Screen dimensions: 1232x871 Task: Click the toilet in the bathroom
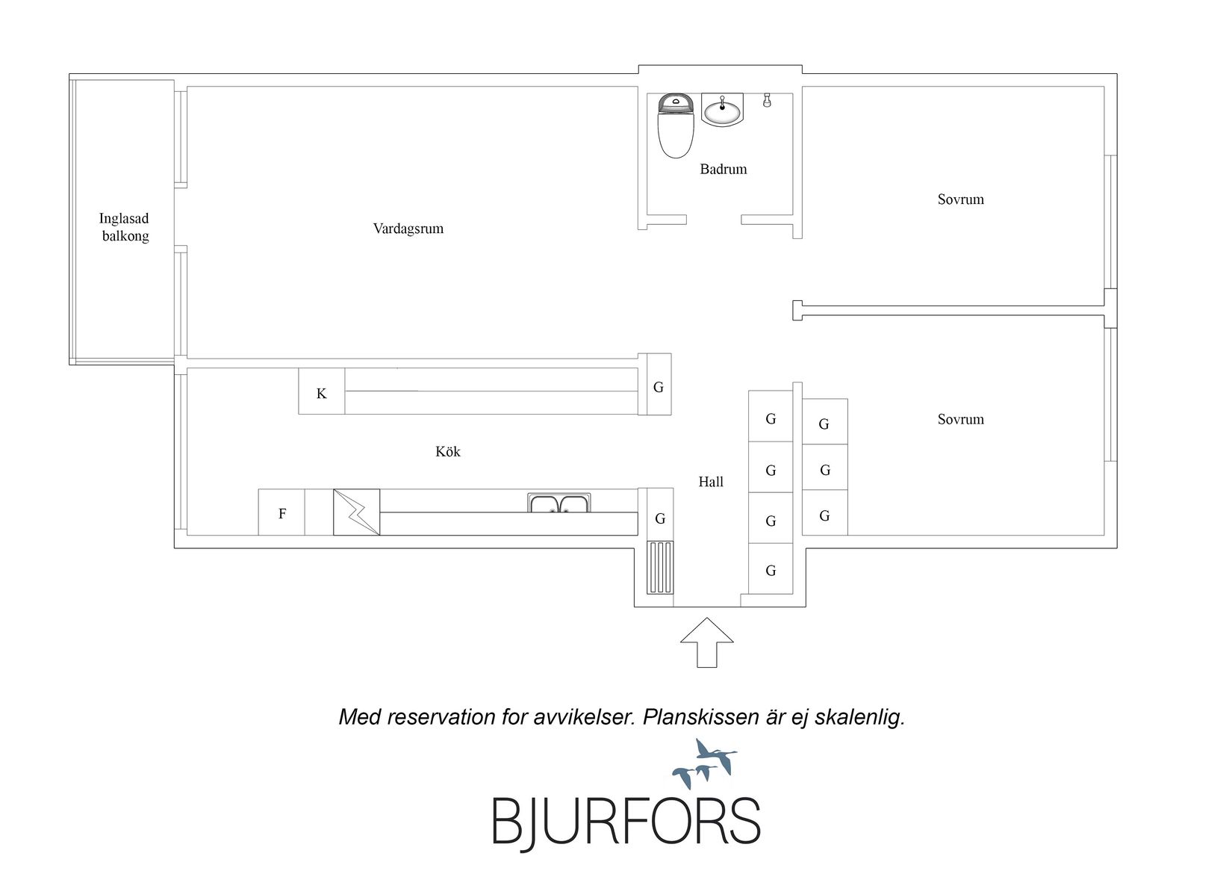click(676, 125)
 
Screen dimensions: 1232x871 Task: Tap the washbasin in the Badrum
click(722, 110)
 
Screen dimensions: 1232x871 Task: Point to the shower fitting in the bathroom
click(767, 101)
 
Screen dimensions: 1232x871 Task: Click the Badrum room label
click(724, 169)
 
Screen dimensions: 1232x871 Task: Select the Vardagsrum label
click(408, 229)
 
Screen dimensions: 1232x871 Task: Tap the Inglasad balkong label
click(124, 227)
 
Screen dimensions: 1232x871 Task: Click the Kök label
click(448, 452)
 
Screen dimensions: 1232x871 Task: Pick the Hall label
click(711, 482)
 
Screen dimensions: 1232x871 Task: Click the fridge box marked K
click(322, 391)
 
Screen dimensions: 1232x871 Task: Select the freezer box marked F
click(281, 512)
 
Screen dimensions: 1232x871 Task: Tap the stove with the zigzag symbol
click(356, 512)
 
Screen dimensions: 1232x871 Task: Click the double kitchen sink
click(559, 503)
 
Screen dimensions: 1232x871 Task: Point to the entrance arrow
click(707, 642)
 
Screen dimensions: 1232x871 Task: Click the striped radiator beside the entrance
click(660, 567)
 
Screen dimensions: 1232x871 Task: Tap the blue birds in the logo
click(705, 763)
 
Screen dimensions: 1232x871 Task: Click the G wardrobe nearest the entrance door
click(771, 569)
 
